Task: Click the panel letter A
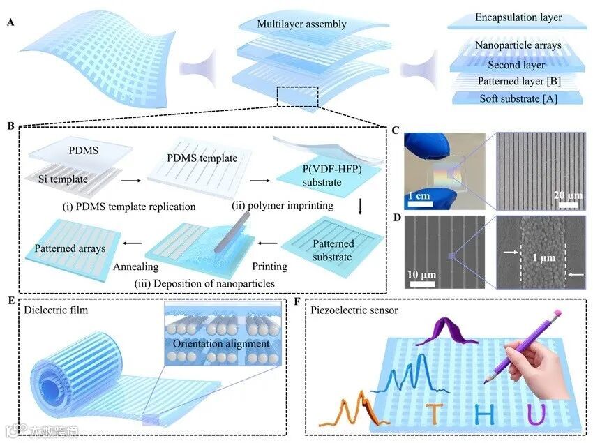click(x=10, y=23)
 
